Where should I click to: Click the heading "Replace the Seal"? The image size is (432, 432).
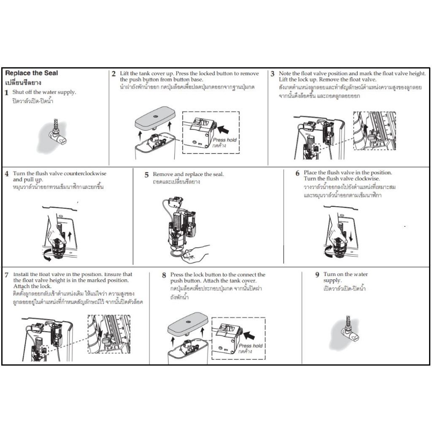pyautogui.click(x=31, y=73)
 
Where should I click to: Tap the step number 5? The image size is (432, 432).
pyautogui.click(x=146, y=175)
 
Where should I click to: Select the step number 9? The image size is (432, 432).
pyautogui.click(x=317, y=275)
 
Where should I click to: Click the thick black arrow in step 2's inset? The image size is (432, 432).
pyautogui.click(x=223, y=129)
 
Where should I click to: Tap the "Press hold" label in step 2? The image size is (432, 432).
pyautogui.click(x=225, y=140)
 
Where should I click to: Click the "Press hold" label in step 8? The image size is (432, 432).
pyautogui.click(x=251, y=346)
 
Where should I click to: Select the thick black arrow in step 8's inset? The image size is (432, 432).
pyautogui.click(x=249, y=335)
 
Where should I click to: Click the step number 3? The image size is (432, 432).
pyautogui.click(x=273, y=74)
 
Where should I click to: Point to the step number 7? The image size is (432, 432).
pyautogui.click(x=7, y=275)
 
